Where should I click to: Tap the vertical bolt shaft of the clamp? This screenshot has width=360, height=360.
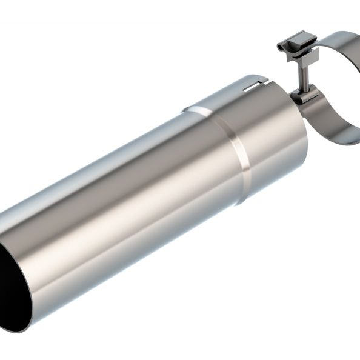point(303,76)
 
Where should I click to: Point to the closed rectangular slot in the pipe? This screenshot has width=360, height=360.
point(248,90)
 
